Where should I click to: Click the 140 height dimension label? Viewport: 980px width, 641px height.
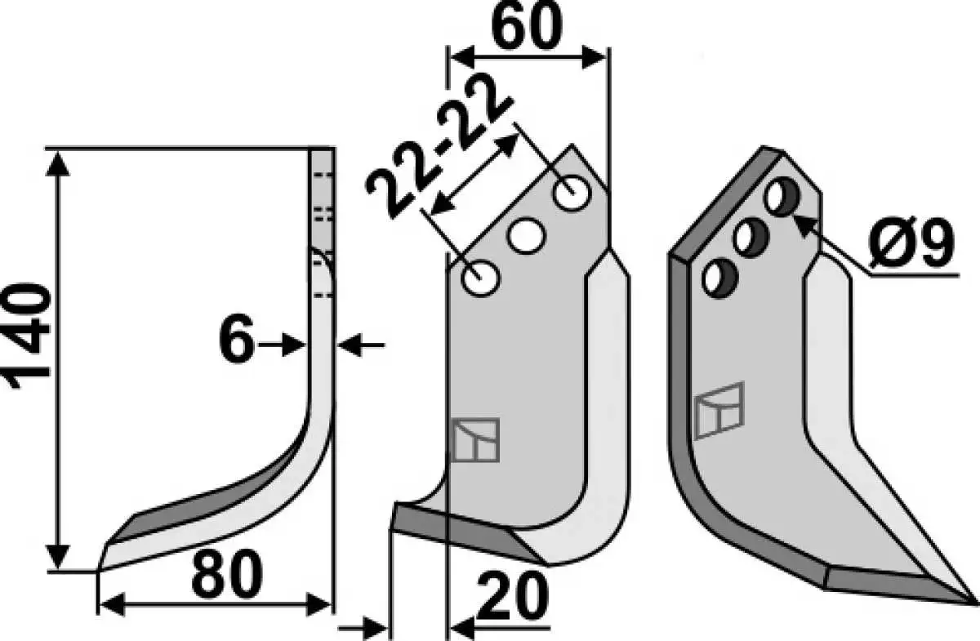pos(27,336)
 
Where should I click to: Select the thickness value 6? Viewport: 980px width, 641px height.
pos(237,338)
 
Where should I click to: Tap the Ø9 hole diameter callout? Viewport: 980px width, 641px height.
pos(911,243)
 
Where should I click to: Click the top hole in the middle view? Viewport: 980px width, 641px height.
pos(572,194)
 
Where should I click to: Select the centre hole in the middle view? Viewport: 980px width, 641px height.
pos(527,235)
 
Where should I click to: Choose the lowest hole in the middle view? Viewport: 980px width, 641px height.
pos(481,278)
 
